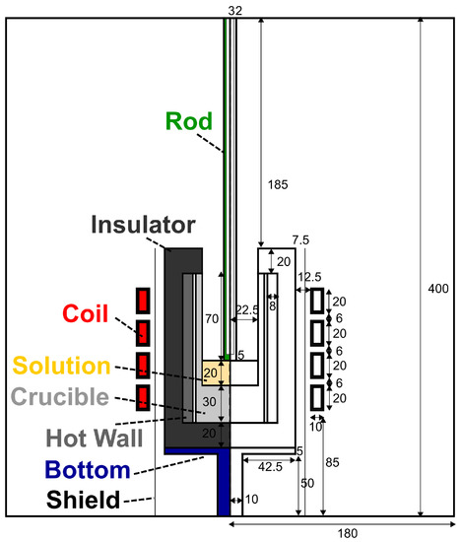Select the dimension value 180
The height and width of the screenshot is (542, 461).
pyautogui.click(x=342, y=533)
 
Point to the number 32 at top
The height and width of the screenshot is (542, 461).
pyautogui.click(x=233, y=9)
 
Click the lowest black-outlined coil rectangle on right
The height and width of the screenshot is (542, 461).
pyautogui.click(x=316, y=397)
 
